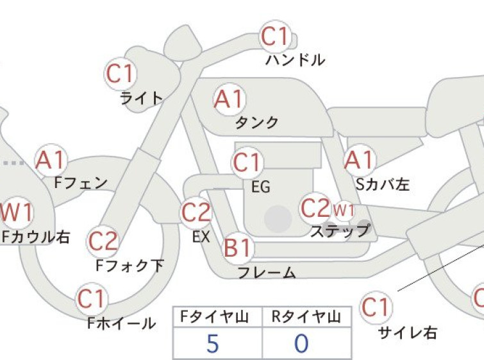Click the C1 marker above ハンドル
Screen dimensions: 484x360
point(276,37)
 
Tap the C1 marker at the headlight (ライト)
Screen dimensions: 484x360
point(121,74)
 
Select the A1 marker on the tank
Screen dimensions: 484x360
point(229,99)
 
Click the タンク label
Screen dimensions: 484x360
point(257,123)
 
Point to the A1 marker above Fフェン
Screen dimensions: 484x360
point(51,160)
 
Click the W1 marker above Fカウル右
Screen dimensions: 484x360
point(16,212)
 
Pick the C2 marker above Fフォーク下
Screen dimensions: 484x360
point(103,242)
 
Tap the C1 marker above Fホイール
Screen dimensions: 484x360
point(92,299)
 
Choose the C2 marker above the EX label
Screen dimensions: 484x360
point(196,212)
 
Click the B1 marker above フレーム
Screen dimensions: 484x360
point(238,248)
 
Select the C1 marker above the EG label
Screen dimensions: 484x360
point(247,162)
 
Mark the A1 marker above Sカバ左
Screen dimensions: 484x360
point(360,160)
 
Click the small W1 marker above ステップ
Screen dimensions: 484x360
point(344,210)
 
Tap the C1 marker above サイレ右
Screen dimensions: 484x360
point(376,307)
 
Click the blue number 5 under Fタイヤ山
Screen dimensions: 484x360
point(213,343)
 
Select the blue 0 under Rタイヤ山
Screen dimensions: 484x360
point(301,343)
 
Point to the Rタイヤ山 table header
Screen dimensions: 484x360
point(306,317)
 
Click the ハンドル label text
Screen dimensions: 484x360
point(295,60)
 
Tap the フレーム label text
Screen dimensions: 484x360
point(267,273)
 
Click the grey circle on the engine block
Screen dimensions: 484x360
point(278,219)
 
